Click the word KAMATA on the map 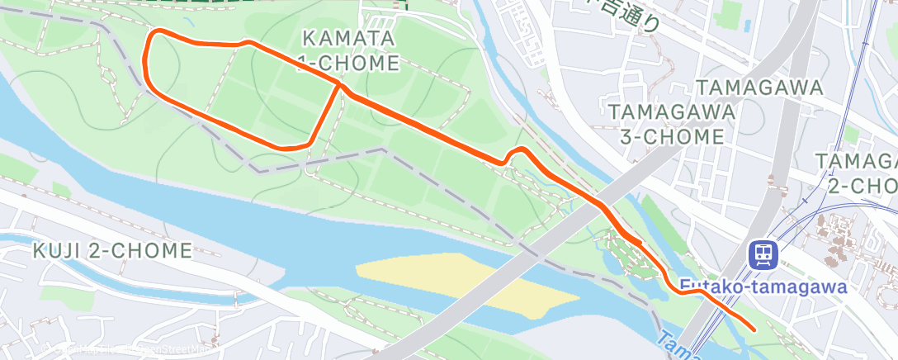pos(348,38)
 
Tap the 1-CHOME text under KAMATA pos(350,63)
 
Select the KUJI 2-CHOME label pos(112,250)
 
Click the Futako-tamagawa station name pos(764,287)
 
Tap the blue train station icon pos(763,255)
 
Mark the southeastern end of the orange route pos(754,329)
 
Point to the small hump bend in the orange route pos(520,152)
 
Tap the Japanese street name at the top pos(631,15)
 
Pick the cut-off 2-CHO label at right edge pos(863,186)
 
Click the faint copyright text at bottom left pos(124,349)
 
